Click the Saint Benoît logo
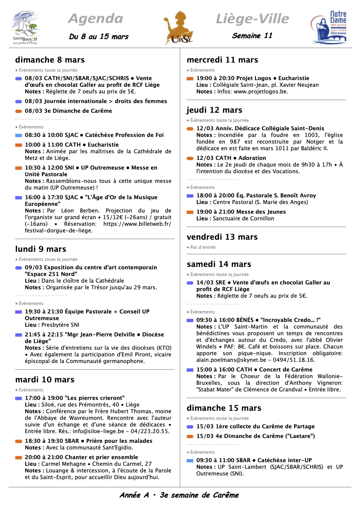pos(25,28)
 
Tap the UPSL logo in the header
pos(179,28)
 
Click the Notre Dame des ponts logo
pos(329,28)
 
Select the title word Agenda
pos(96,19)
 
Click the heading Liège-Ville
pos(252,19)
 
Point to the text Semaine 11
pos(252,36)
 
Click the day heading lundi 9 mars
pos(41,249)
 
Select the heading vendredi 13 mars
pos(222,237)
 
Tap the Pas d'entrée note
pos(203,247)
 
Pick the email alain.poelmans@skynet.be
pos(231,360)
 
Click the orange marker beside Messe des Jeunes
pos(190,212)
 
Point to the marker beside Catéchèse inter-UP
pos(190,461)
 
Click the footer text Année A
pos(134,495)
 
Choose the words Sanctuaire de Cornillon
pos(244,219)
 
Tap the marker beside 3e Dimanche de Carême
pos(18,111)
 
